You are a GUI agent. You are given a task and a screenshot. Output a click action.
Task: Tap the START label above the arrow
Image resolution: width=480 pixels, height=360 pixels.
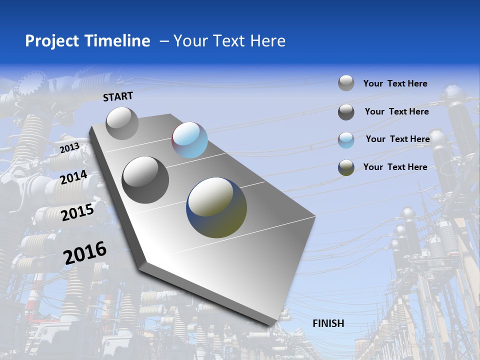coord(118,96)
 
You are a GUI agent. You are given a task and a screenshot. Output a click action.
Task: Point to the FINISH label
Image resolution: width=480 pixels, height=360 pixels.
coord(328,323)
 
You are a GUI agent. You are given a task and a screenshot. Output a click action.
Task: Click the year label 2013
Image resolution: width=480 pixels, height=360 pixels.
coord(70,148)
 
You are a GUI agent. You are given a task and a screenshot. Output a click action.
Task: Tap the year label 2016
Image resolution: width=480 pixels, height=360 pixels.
coord(85,252)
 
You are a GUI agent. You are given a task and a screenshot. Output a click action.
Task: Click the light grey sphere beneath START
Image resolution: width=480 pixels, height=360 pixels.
coord(122,123)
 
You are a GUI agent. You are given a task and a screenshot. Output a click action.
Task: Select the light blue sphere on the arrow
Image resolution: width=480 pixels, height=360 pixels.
coord(190,140)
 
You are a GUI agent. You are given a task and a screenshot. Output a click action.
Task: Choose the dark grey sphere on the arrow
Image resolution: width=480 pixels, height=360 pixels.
coord(145,180)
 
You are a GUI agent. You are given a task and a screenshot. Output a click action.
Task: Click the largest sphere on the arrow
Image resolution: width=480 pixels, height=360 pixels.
coord(216,207)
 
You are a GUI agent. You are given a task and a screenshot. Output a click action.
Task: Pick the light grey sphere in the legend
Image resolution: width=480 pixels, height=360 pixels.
coord(346,83)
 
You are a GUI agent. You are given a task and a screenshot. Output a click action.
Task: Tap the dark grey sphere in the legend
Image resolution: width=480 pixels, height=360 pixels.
coord(346,112)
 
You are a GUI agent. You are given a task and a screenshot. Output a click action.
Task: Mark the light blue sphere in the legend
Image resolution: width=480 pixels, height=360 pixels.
coord(346,140)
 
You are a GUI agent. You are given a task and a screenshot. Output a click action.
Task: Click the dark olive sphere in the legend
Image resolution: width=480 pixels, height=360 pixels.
coord(346,168)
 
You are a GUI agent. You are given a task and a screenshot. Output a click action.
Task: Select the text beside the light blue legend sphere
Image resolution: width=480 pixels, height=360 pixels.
coord(397,139)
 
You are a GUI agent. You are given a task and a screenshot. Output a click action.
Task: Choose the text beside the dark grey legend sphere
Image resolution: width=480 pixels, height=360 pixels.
coord(396,111)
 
